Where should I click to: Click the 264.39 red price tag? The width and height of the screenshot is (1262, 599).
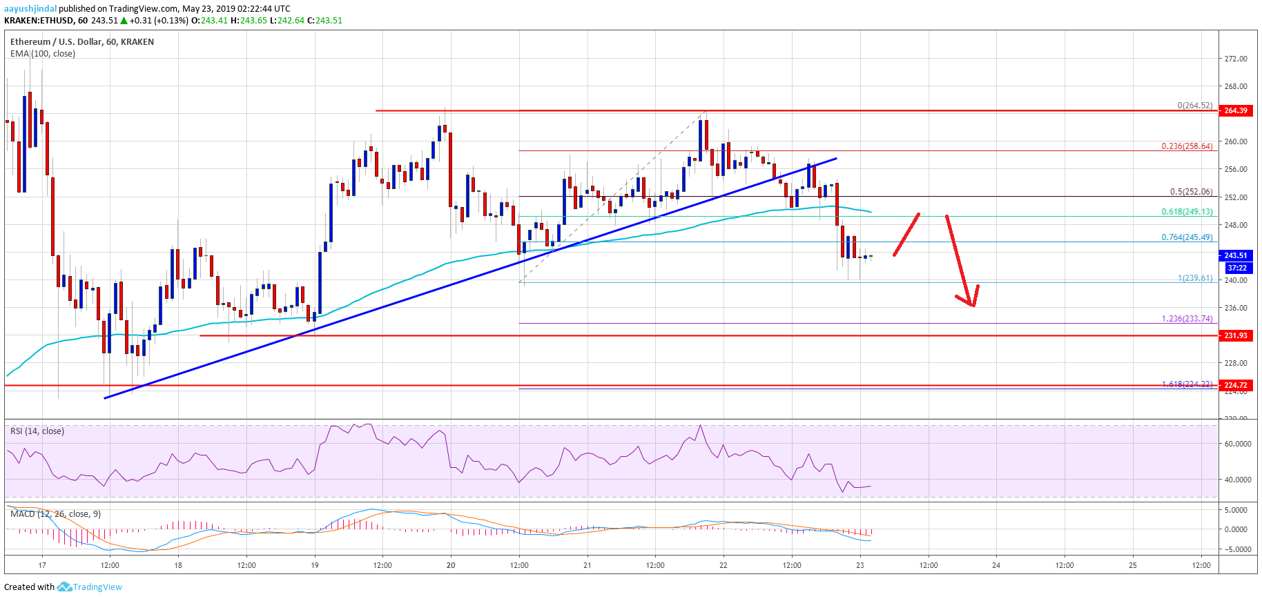1235,110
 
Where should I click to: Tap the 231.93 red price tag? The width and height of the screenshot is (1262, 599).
1235,335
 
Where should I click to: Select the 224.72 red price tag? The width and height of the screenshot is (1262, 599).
1235,385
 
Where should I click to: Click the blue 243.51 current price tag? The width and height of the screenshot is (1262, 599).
1235,255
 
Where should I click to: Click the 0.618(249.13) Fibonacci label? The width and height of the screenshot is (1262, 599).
1186,212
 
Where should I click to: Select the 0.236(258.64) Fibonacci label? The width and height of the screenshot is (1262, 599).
1186,146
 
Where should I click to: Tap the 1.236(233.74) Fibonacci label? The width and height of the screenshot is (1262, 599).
1186,319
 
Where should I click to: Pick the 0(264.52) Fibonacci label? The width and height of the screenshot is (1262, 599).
1194,106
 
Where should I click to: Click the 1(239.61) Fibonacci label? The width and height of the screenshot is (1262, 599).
1194,278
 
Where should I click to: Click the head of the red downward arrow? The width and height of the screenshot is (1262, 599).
971,304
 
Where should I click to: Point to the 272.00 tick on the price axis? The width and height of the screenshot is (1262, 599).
1235,59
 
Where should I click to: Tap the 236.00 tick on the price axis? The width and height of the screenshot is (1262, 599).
1235,308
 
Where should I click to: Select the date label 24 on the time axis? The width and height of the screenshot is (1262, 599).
996,565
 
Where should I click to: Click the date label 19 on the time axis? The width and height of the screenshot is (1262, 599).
315,565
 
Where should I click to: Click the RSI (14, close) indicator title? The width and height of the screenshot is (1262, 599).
37,431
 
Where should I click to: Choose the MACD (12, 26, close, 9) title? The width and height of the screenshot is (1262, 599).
55,514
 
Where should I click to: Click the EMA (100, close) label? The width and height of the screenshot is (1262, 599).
43,53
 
